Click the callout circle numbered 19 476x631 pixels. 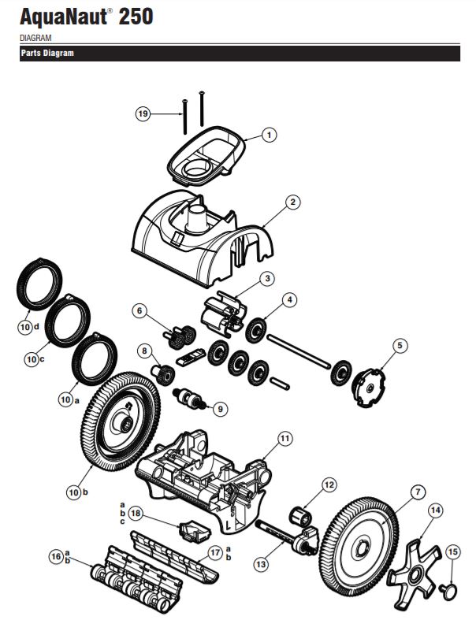(x=143, y=114)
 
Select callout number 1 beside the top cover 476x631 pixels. (x=268, y=135)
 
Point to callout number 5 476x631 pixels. (x=400, y=345)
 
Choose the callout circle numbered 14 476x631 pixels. (x=434, y=510)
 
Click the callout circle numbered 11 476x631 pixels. (x=284, y=438)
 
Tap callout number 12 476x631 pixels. (x=329, y=484)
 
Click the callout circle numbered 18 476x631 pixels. (x=136, y=513)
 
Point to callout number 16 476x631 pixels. (x=55, y=556)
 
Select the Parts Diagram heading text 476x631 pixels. (x=46, y=54)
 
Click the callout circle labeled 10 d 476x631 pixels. (x=28, y=327)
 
